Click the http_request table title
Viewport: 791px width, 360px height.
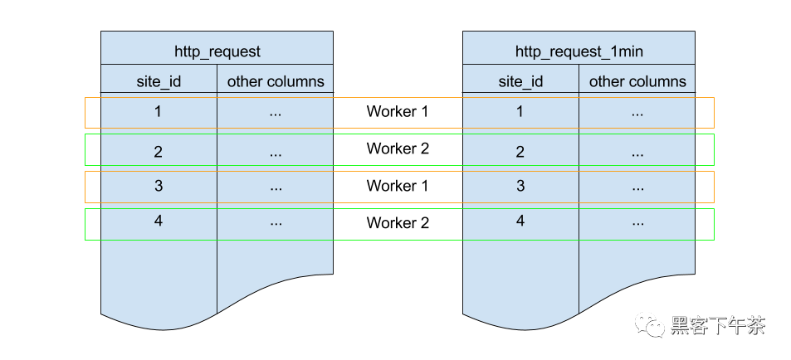(217, 51)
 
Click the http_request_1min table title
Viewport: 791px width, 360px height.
(579, 51)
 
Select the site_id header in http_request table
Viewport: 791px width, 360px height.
(159, 81)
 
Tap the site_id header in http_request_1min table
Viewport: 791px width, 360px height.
(520, 81)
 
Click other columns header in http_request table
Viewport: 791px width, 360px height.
(276, 81)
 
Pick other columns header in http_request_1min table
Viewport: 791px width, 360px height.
(637, 81)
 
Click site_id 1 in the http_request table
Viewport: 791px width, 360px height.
(159, 111)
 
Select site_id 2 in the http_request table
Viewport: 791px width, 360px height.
(159, 151)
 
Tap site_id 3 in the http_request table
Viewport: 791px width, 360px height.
(159, 186)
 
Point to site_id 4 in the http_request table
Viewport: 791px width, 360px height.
(159, 221)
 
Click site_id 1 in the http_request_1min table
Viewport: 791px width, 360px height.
(520, 111)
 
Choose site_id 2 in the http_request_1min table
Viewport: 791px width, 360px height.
(520, 151)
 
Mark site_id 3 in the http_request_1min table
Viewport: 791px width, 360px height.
(520, 186)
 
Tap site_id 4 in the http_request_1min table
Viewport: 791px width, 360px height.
(520, 221)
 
